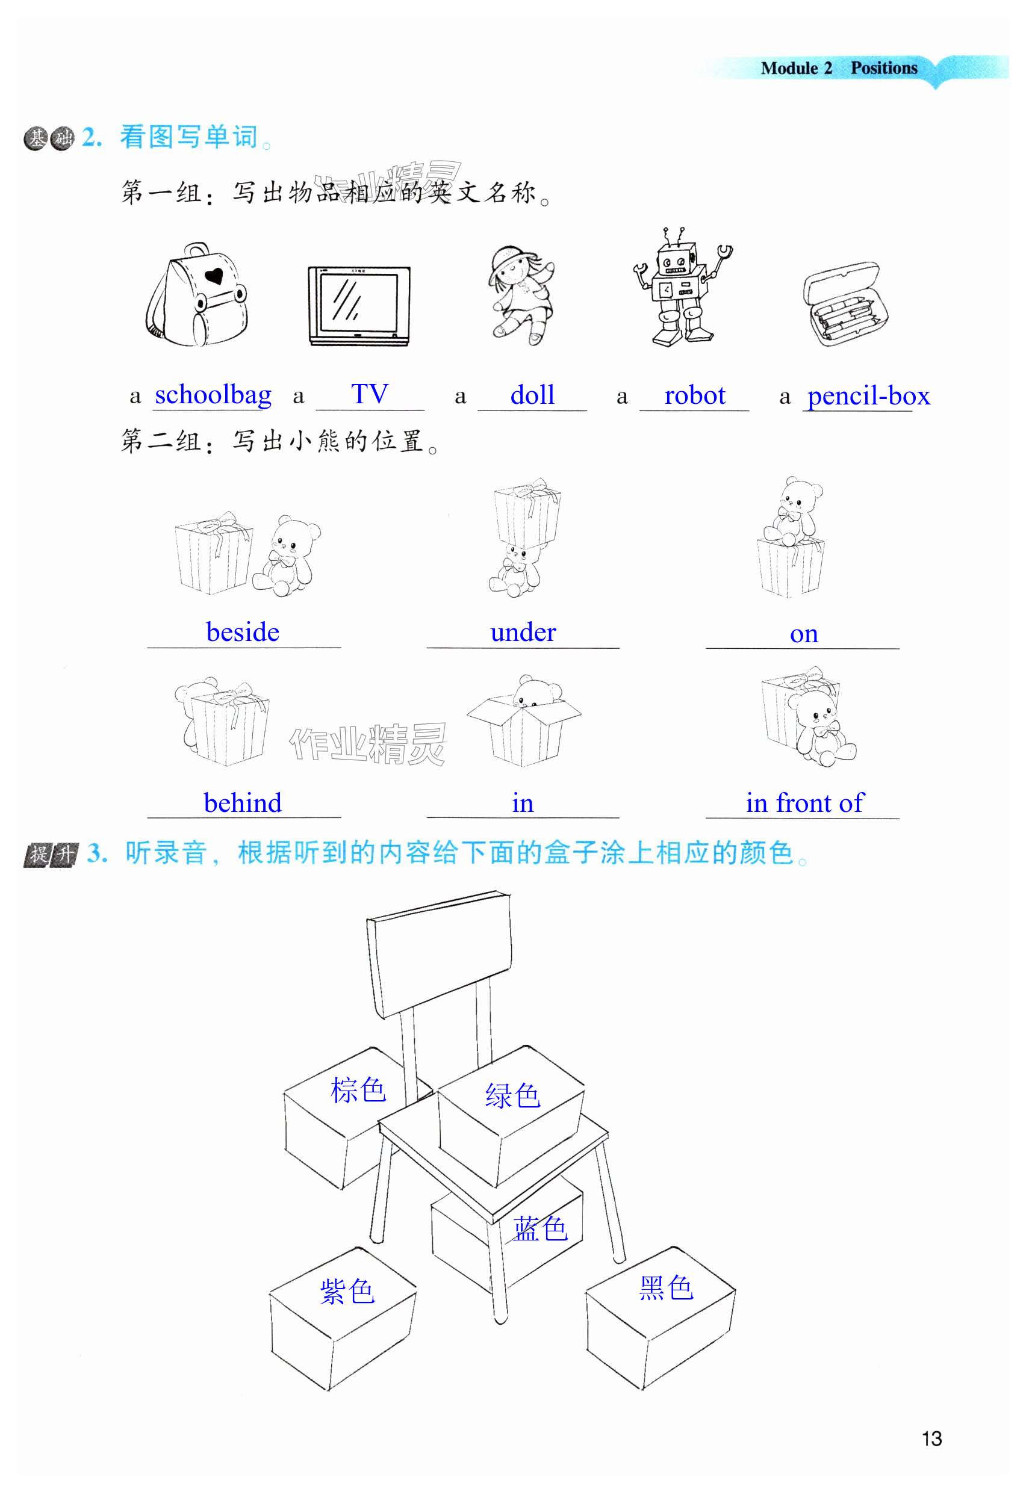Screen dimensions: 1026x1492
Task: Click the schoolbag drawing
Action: click(x=197, y=295)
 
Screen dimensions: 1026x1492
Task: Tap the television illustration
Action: click(x=359, y=306)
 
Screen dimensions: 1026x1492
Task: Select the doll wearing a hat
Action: click(x=521, y=294)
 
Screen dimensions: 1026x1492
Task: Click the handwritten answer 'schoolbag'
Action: click(x=213, y=395)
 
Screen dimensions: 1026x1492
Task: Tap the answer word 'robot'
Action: click(x=695, y=395)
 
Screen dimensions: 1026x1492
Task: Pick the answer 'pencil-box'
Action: click(x=868, y=397)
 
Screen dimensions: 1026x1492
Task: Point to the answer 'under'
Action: click(x=523, y=633)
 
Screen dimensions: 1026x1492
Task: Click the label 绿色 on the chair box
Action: click(x=512, y=1095)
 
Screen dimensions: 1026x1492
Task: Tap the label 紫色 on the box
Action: click(x=347, y=1291)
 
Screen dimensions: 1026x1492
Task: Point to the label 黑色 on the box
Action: click(x=666, y=1287)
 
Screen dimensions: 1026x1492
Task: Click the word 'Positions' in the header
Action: click(x=884, y=68)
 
